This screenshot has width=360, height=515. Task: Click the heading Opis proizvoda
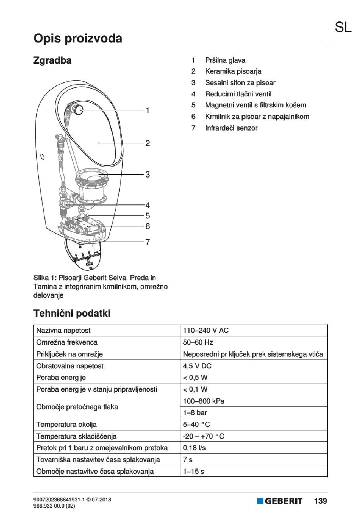[x=78, y=38]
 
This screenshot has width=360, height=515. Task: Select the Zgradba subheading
[x=52, y=60]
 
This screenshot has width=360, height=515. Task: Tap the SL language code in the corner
[x=343, y=27]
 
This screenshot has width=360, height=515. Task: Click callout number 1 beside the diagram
[x=147, y=110]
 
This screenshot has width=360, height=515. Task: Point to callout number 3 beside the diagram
[x=147, y=174]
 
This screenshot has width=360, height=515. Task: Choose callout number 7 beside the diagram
[x=147, y=242]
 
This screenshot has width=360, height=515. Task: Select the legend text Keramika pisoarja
[x=233, y=71]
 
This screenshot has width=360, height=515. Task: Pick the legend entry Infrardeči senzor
[x=231, y=128]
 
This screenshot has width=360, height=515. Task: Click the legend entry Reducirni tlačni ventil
[x=238, y=94]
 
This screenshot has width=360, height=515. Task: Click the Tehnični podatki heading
[x=72, y=314]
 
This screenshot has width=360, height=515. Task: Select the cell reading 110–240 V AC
[x=206, y=330]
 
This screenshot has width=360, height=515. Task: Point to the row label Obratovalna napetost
[x=70, y=366]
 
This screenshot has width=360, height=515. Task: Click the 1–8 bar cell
[x=195, y=413]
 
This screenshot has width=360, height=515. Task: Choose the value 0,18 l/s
[x=194, y=448]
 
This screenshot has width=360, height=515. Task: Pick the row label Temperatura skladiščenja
[x=76, y=436]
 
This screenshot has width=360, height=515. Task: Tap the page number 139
[x=320, y=501]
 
